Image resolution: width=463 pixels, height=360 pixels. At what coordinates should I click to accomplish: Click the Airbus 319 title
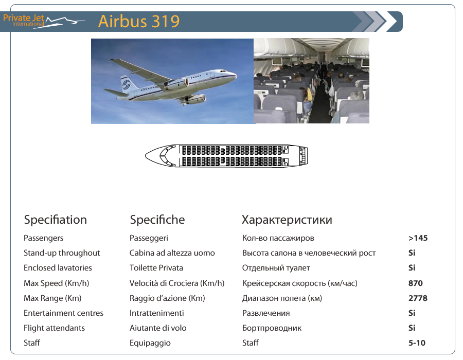click(x=139, y=21)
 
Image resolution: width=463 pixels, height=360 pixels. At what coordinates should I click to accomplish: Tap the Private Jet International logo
click(x=44, y=21)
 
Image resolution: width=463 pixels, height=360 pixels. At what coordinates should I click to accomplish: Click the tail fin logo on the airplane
click(x=127, y=84)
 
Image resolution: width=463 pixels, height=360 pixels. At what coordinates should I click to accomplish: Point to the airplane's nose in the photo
click(x=235, y=75)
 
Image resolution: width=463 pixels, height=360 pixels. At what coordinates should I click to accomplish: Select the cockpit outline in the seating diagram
click(x=166, y=155)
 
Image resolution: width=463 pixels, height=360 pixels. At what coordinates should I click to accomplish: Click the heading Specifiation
click(x=55, y=220)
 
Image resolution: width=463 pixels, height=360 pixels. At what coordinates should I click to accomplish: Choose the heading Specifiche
click(x=157, y=220)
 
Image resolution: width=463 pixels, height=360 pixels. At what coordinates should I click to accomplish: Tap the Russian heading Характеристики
click(x=287, y=220)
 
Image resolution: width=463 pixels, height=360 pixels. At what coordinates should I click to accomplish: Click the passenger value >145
click(x=418, y=238)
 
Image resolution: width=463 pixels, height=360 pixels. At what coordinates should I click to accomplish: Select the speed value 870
click(x=416, y=283)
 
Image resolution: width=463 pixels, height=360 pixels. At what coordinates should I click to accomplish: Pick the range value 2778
click(x=418, y=298)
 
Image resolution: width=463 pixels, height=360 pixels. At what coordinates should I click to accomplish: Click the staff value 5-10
click(x=417, y=343)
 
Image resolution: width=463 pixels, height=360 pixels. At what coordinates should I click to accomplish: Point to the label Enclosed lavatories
click(x=58, y=268)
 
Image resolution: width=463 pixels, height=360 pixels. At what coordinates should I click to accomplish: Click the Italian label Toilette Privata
click(x=156, y=268)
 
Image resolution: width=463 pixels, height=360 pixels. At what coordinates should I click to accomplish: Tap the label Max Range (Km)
click(x=52, y=298)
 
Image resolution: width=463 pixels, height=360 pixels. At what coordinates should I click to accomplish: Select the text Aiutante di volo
click(x=158, y=328)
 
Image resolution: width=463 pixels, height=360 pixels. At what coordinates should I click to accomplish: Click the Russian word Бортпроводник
click(x=272, y=329)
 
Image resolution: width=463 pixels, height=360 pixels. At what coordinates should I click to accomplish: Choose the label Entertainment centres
click(x=63, y=313)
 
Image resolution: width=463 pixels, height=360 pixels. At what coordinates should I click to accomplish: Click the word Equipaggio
click(x=150, y=343)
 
